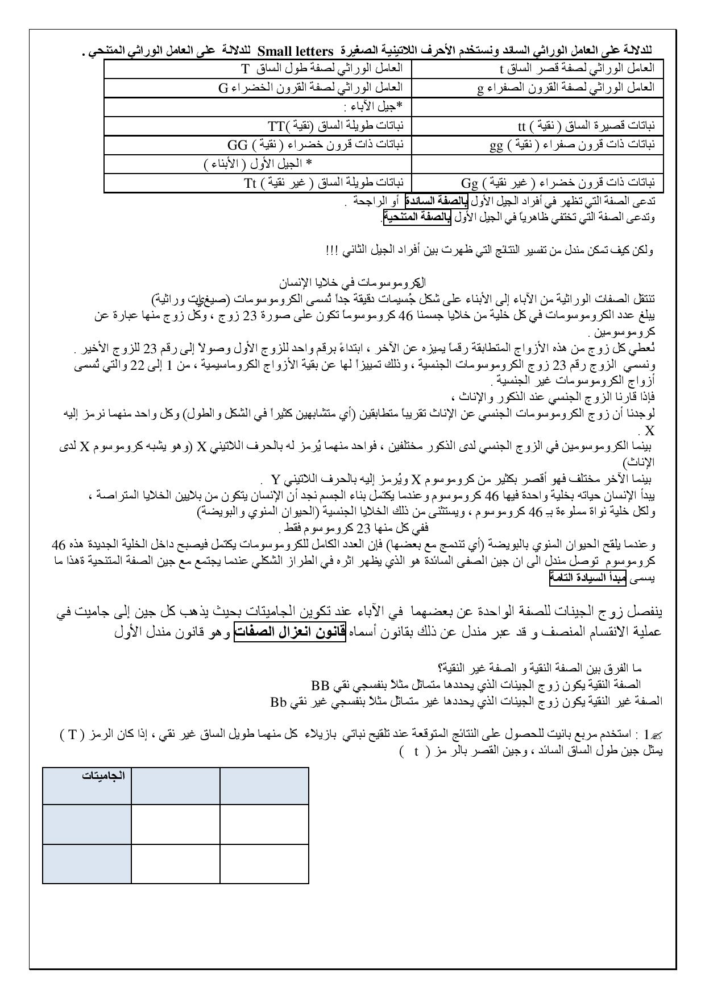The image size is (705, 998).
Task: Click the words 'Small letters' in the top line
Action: (296, 52)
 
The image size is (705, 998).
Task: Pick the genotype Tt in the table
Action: (251, 183)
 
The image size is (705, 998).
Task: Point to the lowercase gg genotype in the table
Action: (496, 145)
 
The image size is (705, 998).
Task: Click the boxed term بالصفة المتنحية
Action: (417, 217)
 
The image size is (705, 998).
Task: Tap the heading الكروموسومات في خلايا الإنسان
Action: (353, 282)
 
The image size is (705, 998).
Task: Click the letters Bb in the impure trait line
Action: (280, 702)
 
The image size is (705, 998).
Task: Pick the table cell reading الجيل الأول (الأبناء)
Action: (258, 164)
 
